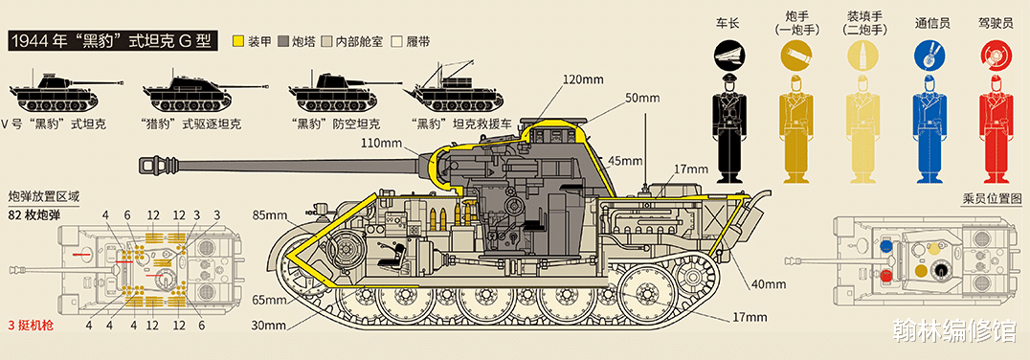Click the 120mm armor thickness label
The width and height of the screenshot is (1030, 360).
pos(583,79)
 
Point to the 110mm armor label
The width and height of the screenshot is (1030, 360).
pos(379,142)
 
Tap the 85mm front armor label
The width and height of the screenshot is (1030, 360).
pos(272,214)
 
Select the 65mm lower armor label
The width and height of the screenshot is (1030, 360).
pos(268,301)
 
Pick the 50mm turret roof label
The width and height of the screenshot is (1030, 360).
pos(641,99)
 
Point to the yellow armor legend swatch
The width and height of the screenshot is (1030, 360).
pos(239,41)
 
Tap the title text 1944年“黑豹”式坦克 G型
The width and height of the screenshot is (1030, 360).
pos(111,41)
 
